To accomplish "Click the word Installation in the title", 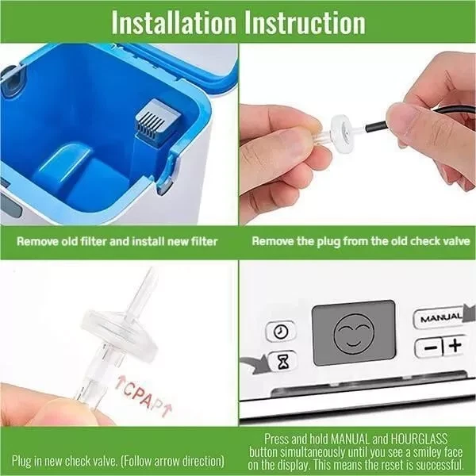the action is (174, 22).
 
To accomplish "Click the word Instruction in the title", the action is (305, 22).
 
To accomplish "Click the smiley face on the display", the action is (354, 334).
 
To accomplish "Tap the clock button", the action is (281, 331).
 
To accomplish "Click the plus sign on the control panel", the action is (455, 345).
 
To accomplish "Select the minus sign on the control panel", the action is (431, 347).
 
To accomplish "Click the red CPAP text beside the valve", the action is (143, 395).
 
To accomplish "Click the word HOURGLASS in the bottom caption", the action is (419, 439).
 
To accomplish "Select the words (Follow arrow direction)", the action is (172, 461).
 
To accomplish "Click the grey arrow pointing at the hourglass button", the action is (254, 363).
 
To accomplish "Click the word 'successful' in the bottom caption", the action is (440, 465).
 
